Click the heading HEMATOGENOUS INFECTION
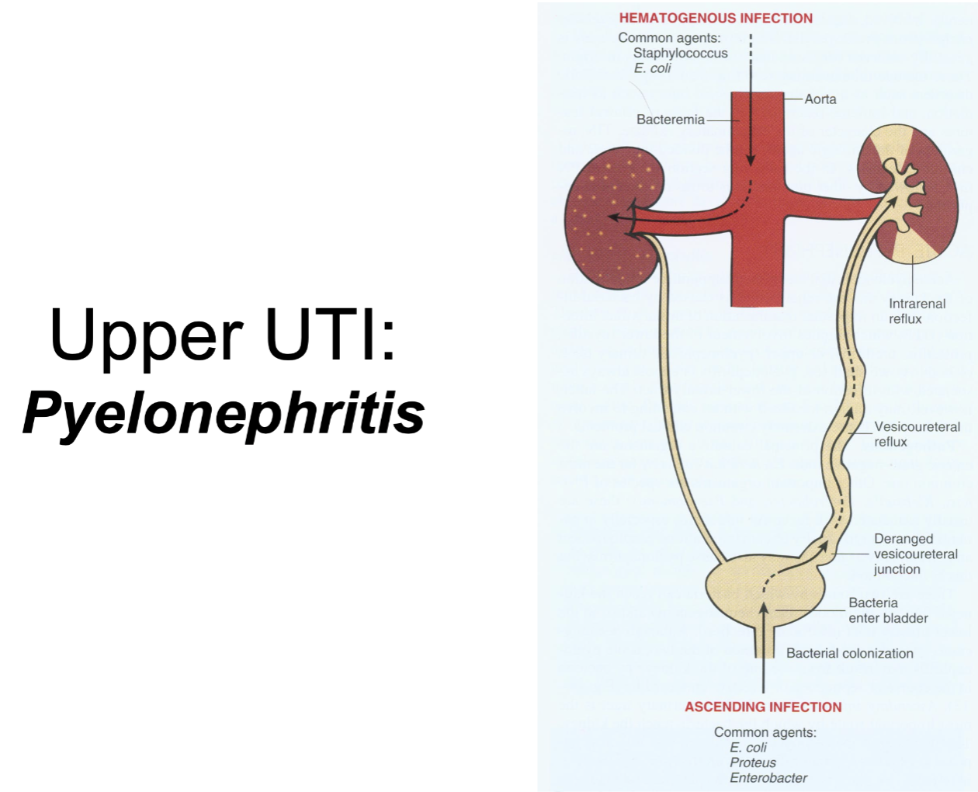[716, 18]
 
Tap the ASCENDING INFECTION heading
[763, 707]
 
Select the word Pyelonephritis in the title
[224, 413]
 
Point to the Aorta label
[820, 99]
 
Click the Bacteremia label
[671, 120]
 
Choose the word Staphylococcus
[680, 53]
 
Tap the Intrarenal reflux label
[917, 311]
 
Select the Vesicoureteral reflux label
[917, 434]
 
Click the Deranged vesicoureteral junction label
[915, 554]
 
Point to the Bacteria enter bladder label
[888, 610]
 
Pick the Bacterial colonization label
[849, 653]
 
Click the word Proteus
[752, 762]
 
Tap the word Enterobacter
[768, 777]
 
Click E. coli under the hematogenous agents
[652, 68]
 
